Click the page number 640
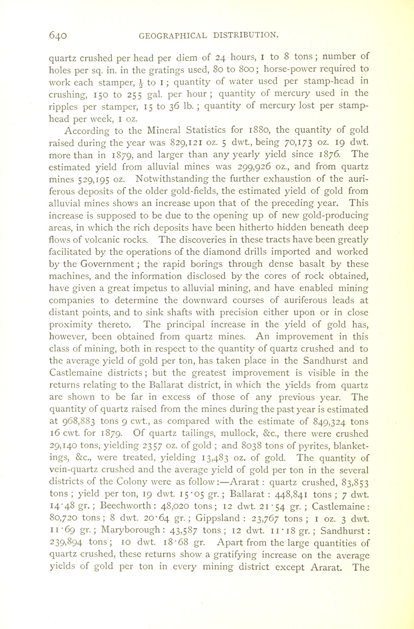click(58, 35)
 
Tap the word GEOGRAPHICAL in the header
click(173, 35)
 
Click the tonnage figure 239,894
click(66, 542)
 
